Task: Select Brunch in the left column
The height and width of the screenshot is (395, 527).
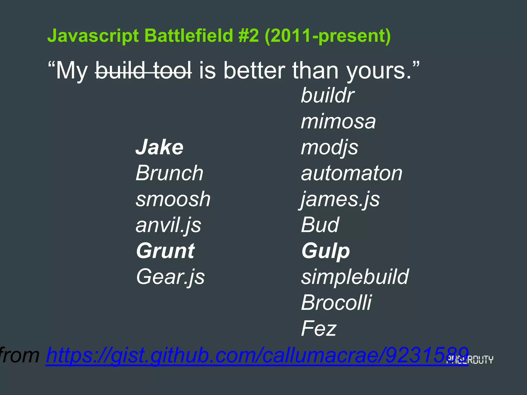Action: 169,173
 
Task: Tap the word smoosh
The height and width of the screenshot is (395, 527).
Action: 173,199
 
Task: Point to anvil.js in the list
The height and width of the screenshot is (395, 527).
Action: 168,225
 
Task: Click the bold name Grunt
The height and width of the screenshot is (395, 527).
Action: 165,251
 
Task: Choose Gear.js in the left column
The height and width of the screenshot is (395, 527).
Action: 170,277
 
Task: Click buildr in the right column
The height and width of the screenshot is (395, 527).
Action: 328,95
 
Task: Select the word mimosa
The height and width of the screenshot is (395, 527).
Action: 338,121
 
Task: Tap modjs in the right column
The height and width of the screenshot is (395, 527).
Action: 329,148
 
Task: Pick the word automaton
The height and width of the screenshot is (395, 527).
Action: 352,173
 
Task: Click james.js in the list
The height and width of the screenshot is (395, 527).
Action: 340,199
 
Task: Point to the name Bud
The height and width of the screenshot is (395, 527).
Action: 320,225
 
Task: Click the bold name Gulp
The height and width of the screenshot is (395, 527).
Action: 326,251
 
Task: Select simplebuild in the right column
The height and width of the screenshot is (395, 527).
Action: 355,277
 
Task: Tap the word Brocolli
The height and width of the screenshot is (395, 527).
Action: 336,303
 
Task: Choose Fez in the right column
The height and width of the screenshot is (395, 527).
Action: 319,328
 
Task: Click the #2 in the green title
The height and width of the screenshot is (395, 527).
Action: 248,35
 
